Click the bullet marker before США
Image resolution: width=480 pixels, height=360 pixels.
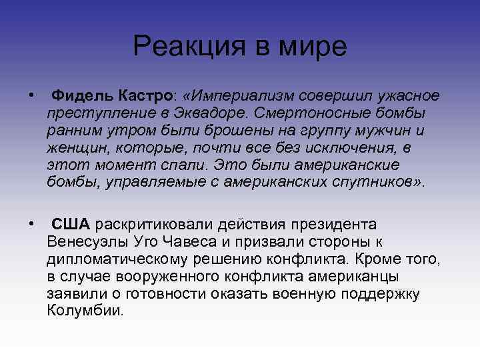point(32,223)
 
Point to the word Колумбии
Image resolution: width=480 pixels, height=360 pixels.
point(85,310)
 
